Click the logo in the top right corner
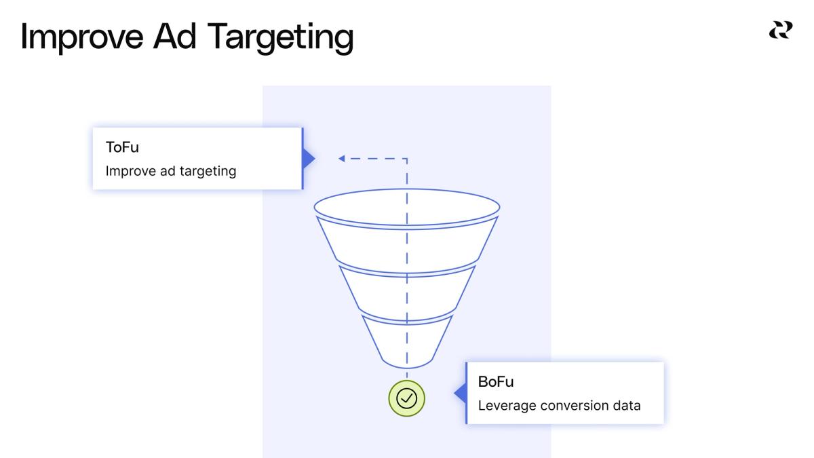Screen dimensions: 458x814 (779, 31)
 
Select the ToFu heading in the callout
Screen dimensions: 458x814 (122, 149)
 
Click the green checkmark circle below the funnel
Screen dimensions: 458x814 (407, 398)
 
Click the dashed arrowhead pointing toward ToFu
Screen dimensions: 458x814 (342, 159)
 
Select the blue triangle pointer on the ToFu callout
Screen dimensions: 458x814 (309, 159)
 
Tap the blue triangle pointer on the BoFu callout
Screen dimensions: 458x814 (460, 393)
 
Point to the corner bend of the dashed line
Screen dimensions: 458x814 (406, 159)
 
